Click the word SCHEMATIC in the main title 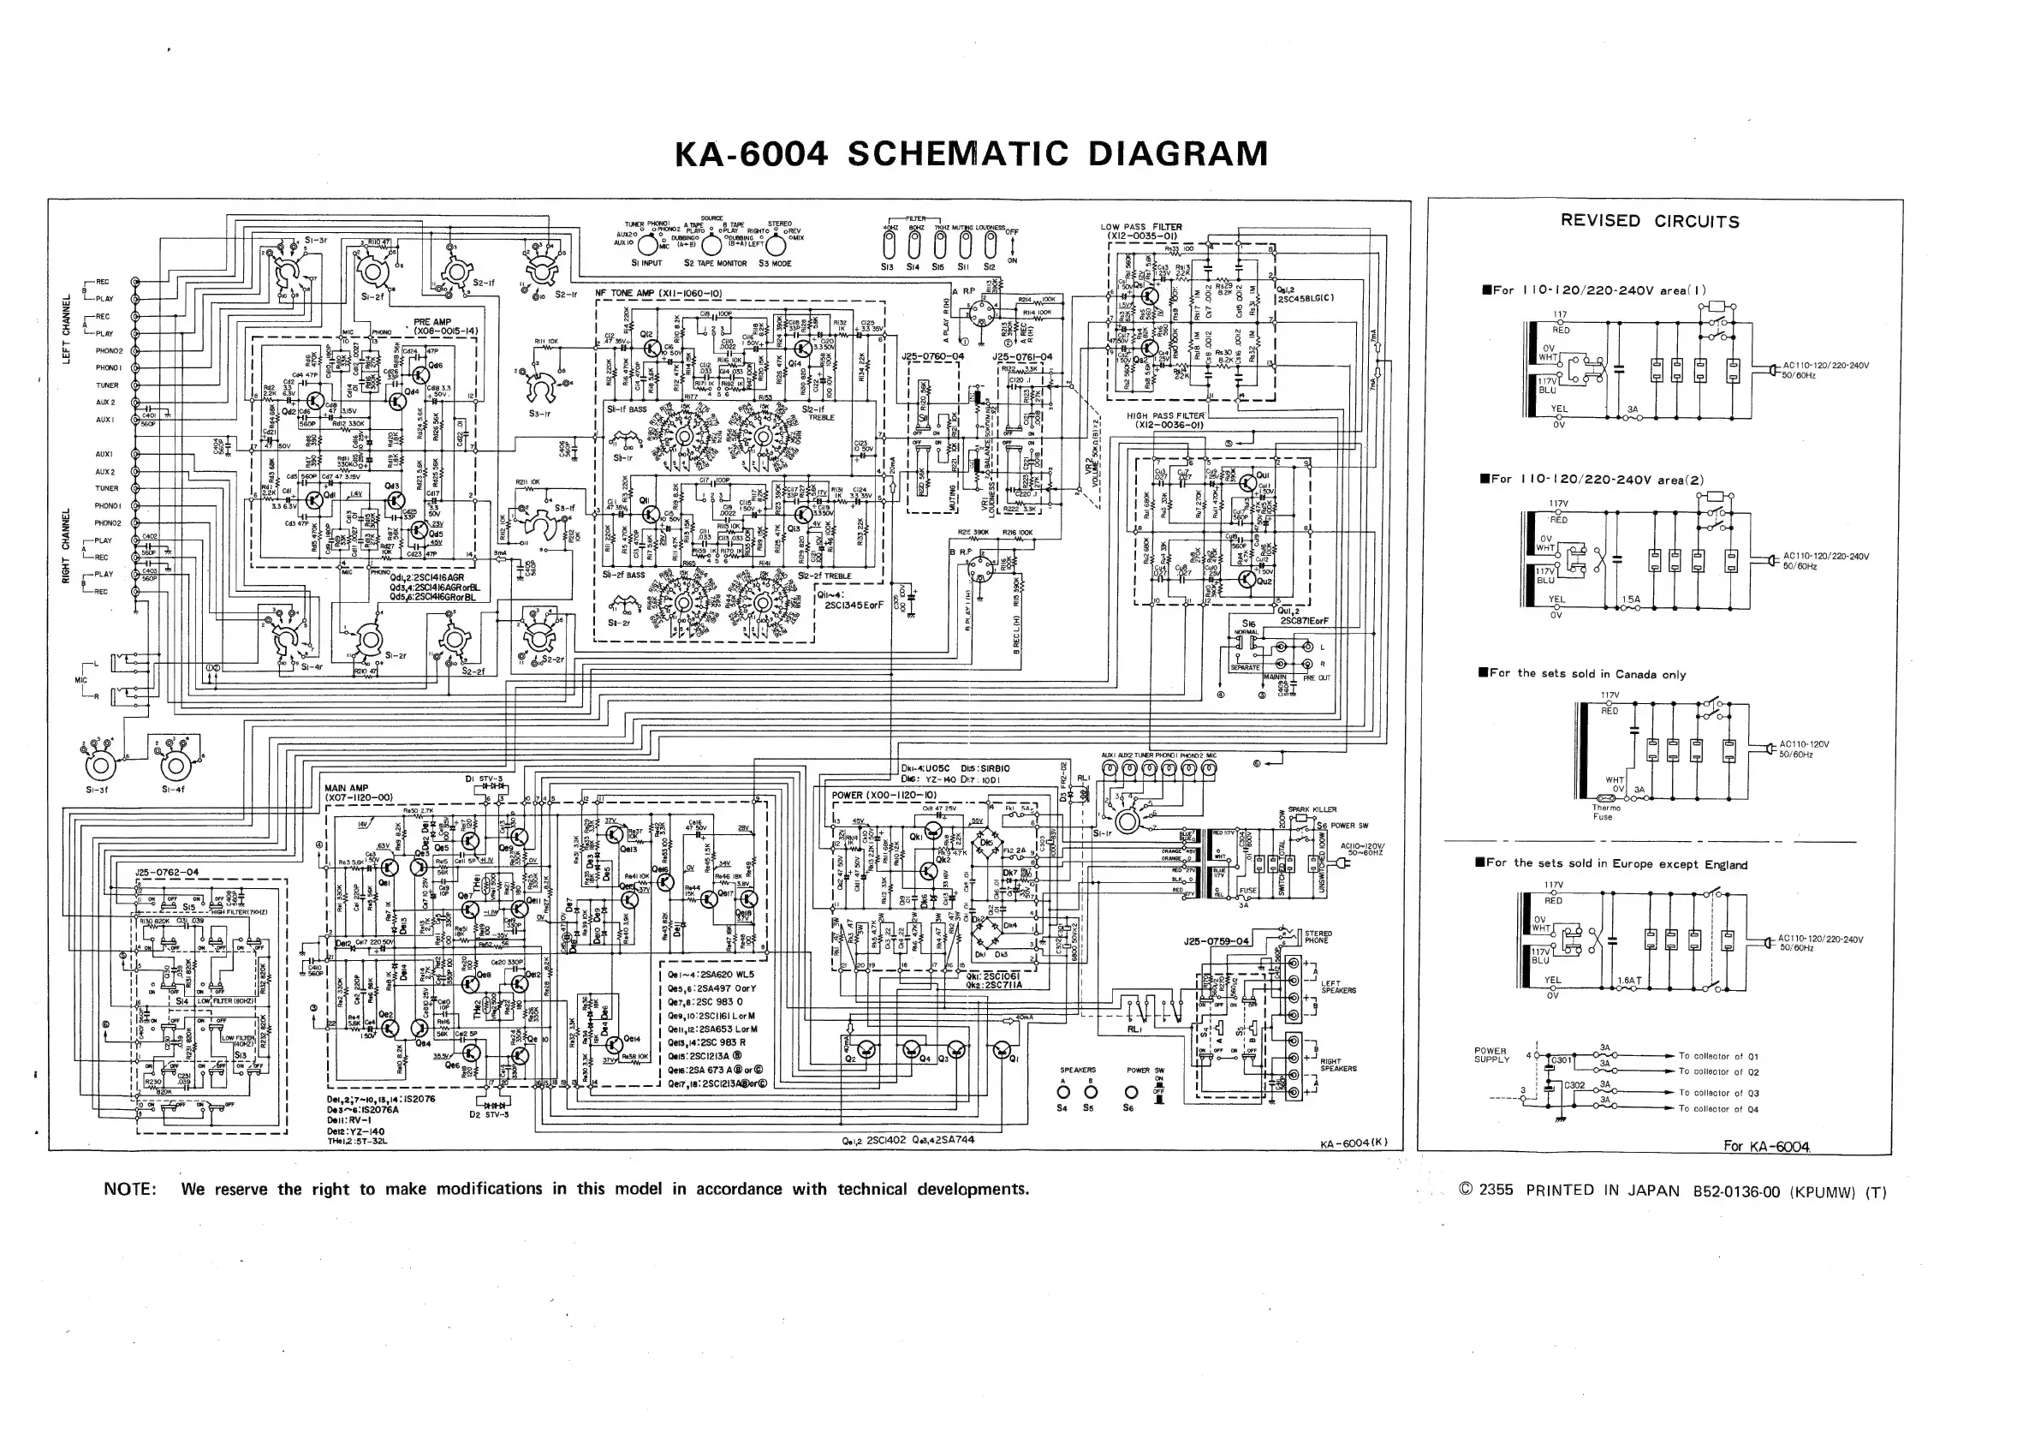point(958,154)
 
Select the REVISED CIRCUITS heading point(1649,221)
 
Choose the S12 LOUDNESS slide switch point(990,246)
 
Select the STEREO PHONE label point(1318,937)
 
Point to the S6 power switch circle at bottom point(1129,1094)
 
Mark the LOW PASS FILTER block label point(1141,227)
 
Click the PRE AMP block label point(432,323)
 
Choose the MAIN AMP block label point(347,788)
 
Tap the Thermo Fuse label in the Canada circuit point(1606,811)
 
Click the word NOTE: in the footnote point(130,1189)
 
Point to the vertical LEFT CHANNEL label point(66,329)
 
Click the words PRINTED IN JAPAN point(1602,1190)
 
